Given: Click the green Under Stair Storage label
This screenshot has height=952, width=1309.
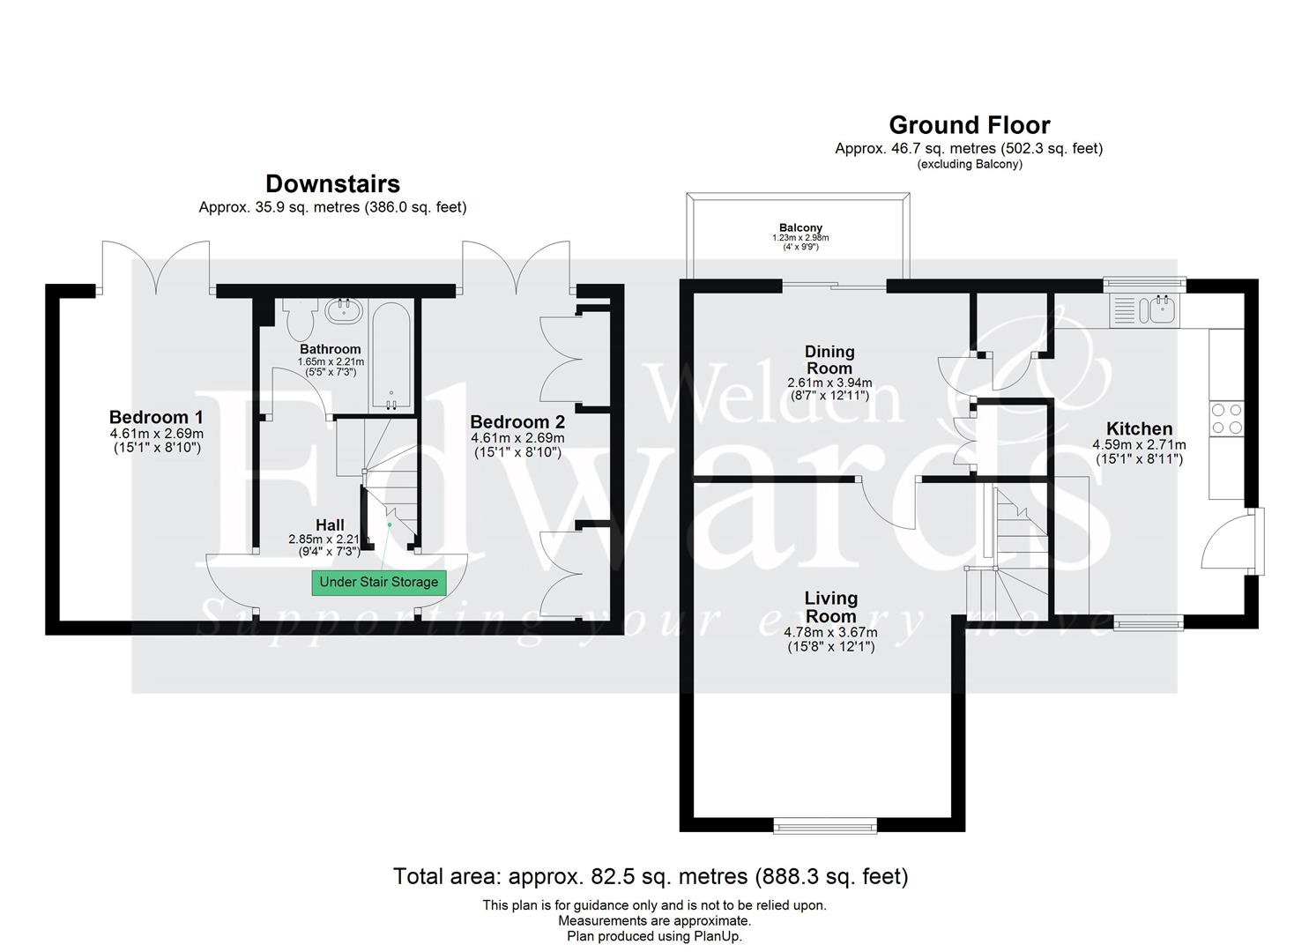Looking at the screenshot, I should point(378,582).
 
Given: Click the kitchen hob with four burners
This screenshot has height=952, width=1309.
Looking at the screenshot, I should point(1226,419).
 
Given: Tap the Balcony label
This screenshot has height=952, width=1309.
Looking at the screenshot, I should point(800,227).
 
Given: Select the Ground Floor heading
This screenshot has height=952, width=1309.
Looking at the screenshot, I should point(969,125).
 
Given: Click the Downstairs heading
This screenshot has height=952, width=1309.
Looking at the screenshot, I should point(332,183).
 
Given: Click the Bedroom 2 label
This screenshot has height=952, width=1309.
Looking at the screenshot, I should point(517,422).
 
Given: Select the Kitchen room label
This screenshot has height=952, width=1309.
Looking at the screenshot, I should point(1139,429).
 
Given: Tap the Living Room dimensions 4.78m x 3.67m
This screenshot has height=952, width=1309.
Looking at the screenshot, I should point(830,632).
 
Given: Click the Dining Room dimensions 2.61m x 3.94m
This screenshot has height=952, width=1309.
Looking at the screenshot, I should point(829,383).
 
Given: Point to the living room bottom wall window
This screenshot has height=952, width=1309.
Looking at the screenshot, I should point(825,824).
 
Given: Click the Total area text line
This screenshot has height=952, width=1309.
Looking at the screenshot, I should point(650,876).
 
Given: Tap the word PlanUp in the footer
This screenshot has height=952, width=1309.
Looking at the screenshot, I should point(718,936).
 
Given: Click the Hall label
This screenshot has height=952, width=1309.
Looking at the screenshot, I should point(330,525).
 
